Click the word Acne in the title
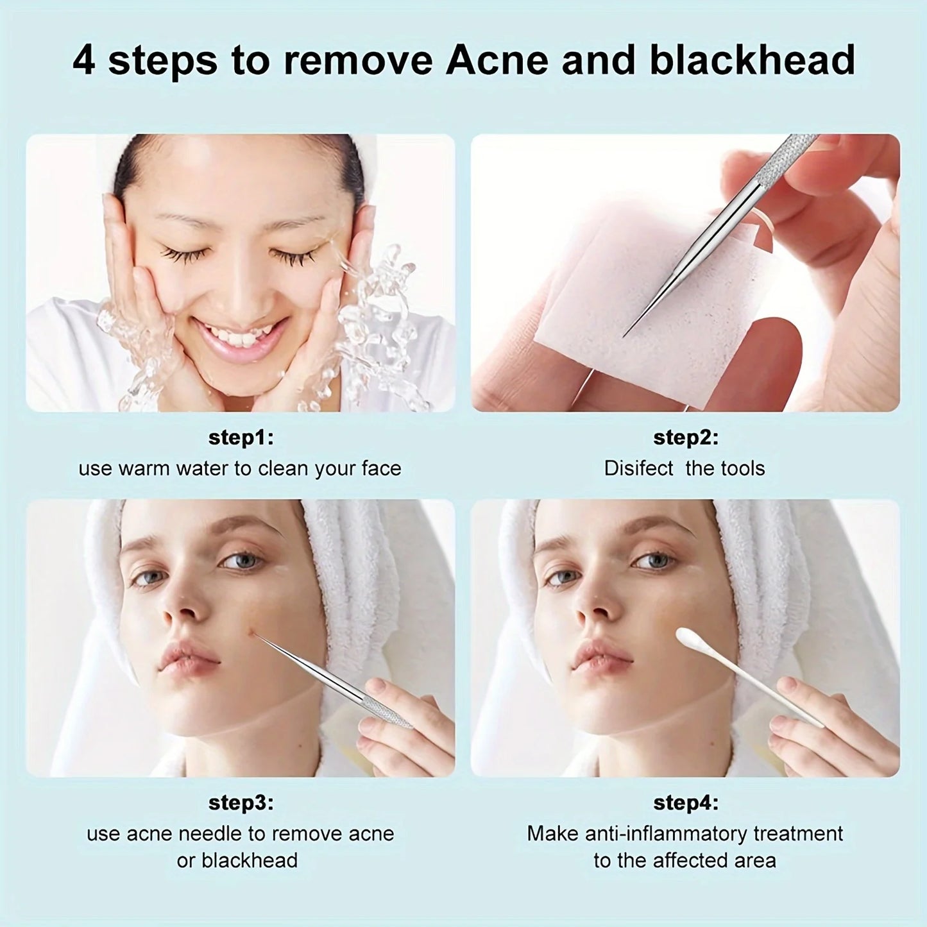497,60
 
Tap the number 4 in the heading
83,60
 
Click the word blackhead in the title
753,60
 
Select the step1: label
241,438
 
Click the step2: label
685,438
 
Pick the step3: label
241,803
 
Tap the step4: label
685,803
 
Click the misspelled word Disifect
638,468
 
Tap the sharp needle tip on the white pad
625,334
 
